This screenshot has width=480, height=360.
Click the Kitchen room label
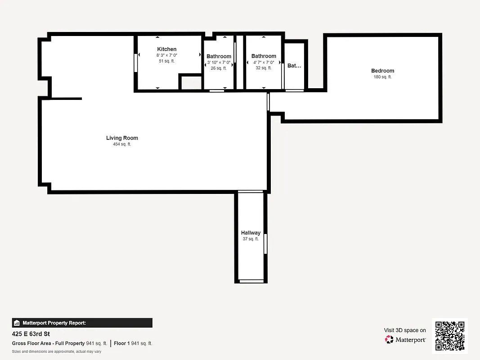pos(167,49)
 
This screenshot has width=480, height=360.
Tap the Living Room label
pos(122,138)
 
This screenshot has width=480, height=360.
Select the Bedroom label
pos(382,71)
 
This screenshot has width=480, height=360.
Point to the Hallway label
pos(251,233)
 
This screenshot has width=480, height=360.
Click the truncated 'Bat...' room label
pos(294,66)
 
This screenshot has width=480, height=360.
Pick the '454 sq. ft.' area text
pos(122,144)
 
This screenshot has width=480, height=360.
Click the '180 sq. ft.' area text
pos(382,77)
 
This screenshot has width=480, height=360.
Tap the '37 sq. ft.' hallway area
pos(251,239)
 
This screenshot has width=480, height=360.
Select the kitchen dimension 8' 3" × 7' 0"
pos(167,55)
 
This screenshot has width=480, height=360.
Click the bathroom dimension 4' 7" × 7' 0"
pos(264,63)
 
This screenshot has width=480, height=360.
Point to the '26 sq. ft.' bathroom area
pos(219,68)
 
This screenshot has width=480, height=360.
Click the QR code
pos(450,336)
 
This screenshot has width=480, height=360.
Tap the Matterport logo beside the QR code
pos(405,340)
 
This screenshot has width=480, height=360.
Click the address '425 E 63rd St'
pos(31,334)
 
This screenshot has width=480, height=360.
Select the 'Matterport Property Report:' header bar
pos(82,323)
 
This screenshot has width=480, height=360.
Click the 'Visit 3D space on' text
pos(405,330)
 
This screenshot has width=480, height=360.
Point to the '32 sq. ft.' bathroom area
pos(264,68)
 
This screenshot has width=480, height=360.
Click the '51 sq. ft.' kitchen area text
pos(167,61)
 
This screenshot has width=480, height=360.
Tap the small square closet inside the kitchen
pos(191,83)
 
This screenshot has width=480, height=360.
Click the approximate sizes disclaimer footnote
pos(57,351)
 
